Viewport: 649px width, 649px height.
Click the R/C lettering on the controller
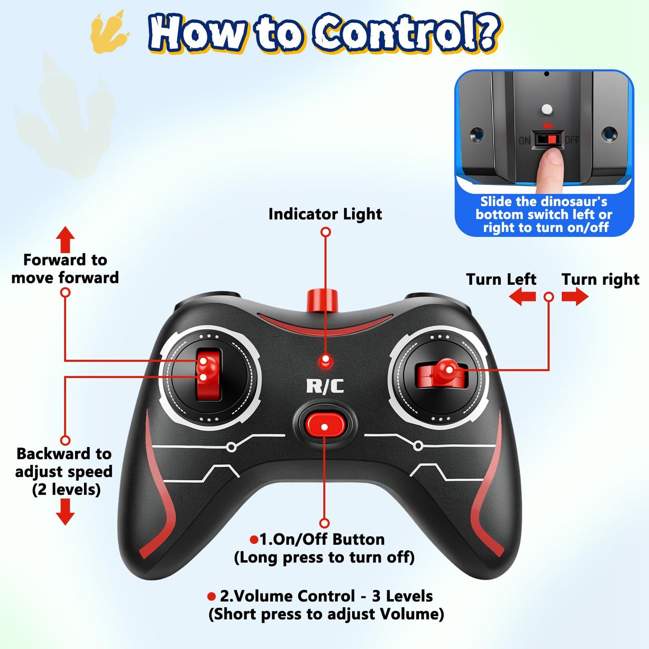click(x=325, y=386)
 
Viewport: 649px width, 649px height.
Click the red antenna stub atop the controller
click(x=322, y=300)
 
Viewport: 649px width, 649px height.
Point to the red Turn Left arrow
click(x=522, y=297)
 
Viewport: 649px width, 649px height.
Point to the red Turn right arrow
click(x=575, y=297)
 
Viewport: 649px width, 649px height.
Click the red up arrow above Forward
click(x=65, y=239)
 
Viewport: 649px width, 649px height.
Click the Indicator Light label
click(x=325, y=214)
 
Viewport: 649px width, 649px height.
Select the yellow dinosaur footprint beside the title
click(x=110, y=32)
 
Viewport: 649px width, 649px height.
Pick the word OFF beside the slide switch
click(x=572, y=139)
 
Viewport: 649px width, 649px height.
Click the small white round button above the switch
click(x=546, y=109)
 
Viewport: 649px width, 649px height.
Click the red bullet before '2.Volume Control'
click(x=211, y=596)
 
